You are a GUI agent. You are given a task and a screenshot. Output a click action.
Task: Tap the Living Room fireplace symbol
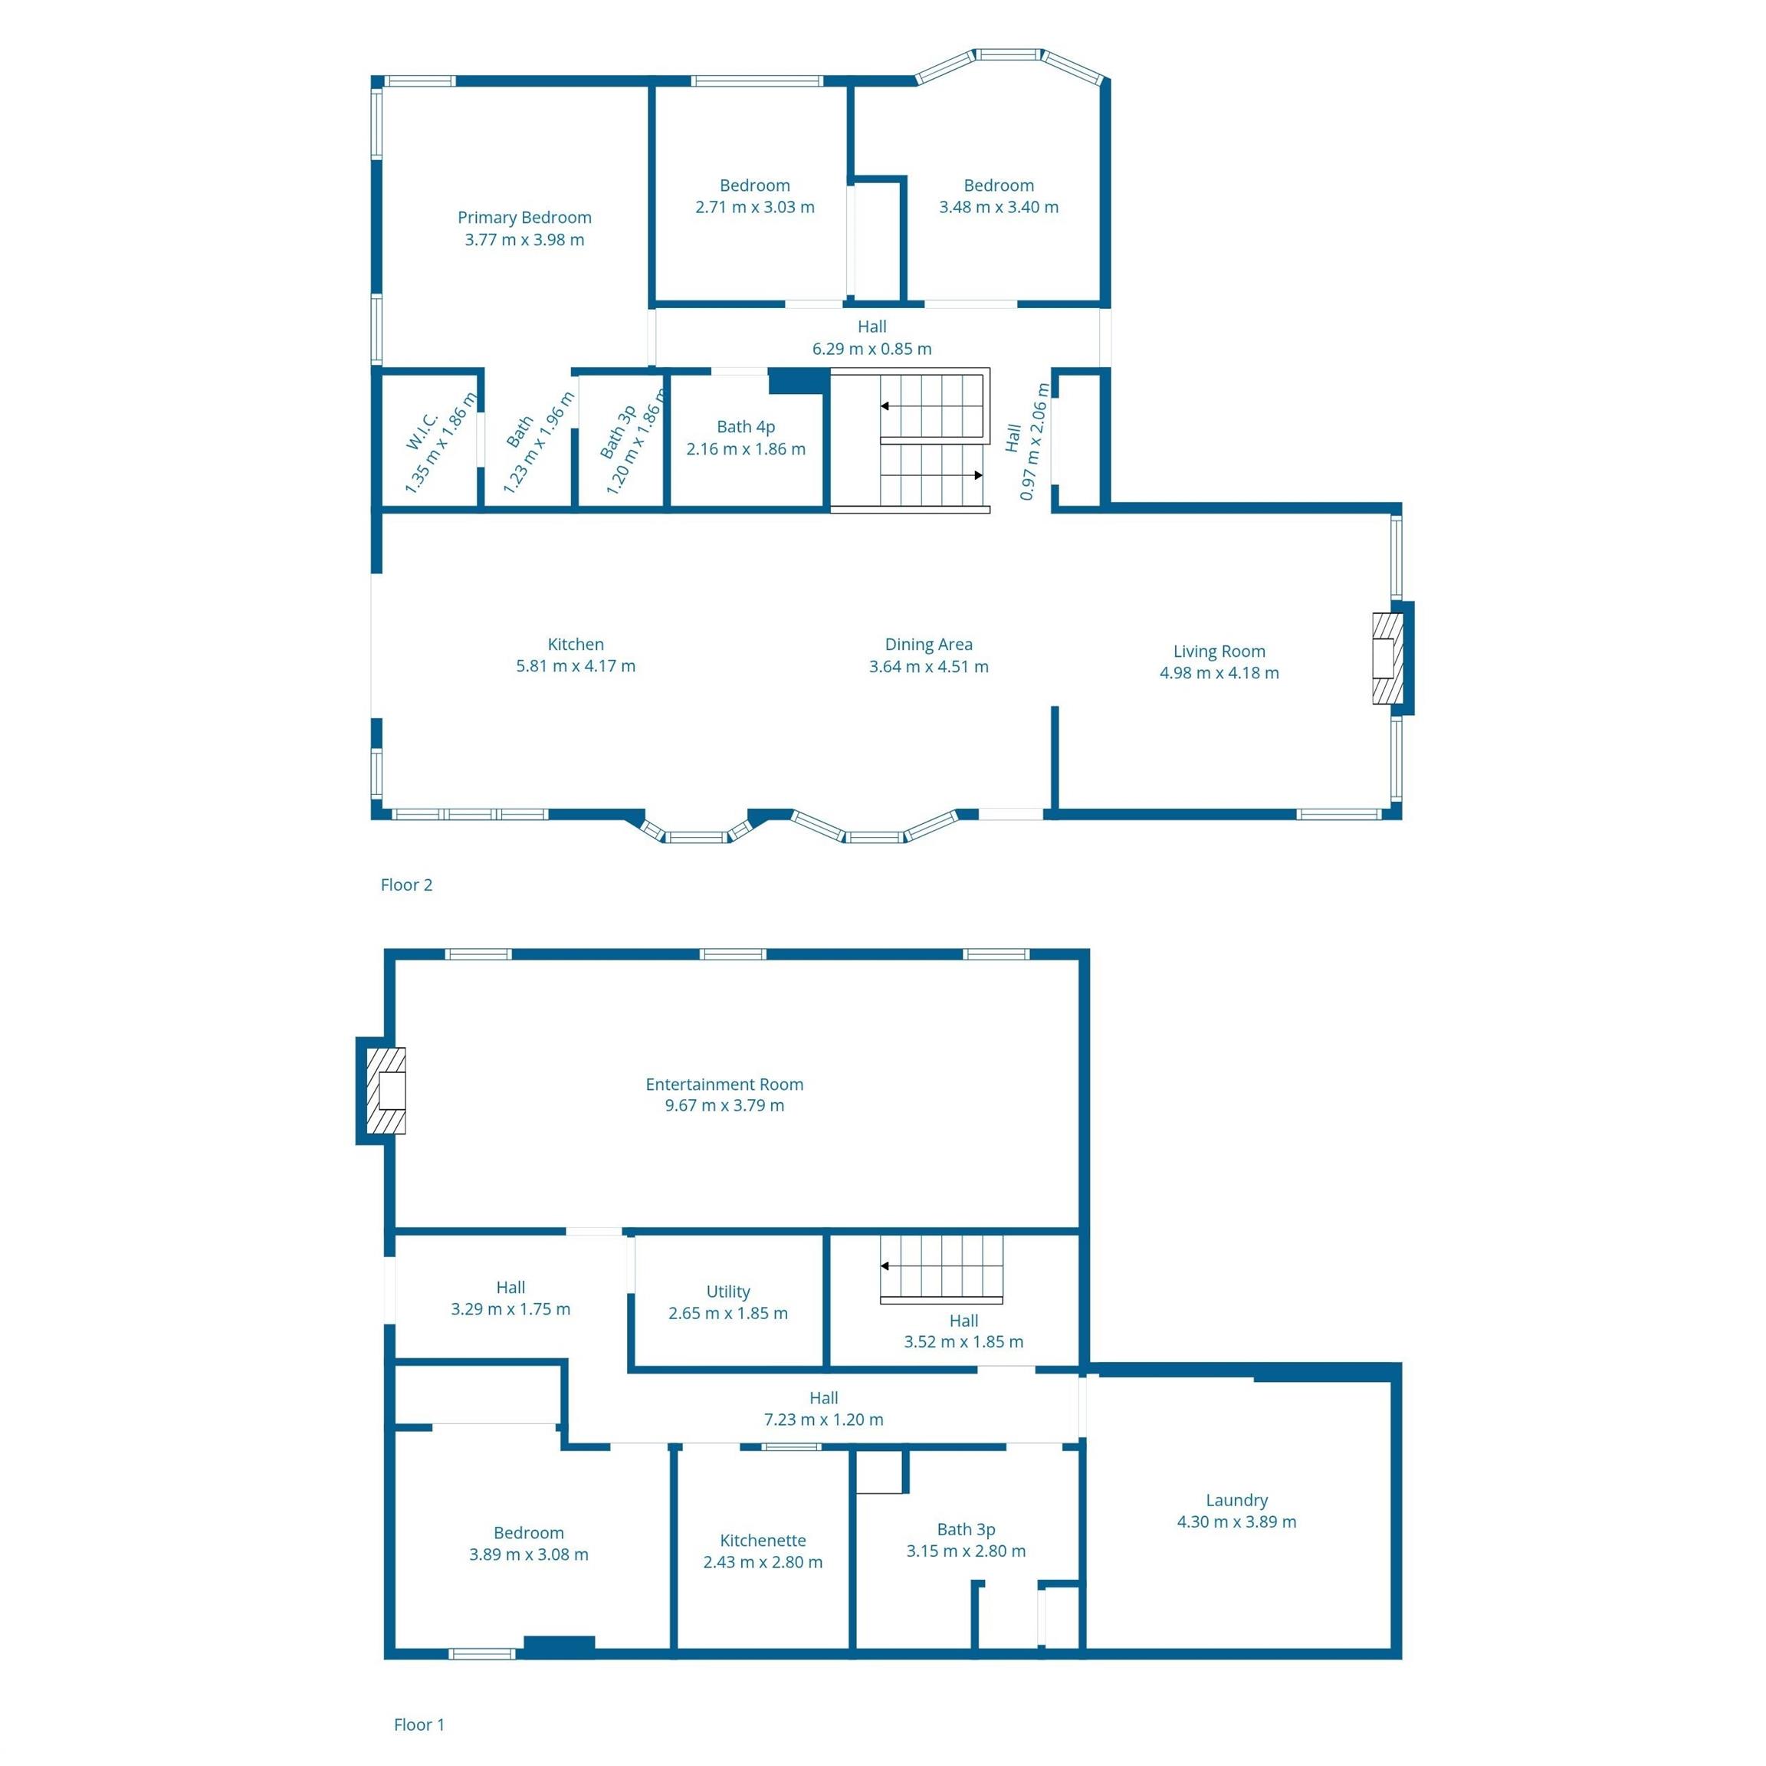(1387, 658)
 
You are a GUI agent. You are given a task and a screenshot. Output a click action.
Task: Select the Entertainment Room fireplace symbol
(386, 1091)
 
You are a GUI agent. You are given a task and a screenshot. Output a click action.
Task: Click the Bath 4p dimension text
(746, 449)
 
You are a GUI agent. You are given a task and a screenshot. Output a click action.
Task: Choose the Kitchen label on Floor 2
(575, 645)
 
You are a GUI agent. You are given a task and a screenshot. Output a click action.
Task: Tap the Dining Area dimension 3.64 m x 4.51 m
(929, 666)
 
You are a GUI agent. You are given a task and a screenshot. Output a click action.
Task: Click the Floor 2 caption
(405, 884)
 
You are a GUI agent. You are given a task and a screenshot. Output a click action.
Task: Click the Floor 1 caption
(419, 1724)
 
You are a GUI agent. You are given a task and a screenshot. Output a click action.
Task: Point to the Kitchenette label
(763, 1540)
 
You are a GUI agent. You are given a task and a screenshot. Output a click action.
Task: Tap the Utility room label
(727, 1292)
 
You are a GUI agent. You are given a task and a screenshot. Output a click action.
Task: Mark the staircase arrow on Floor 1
(941, 1266)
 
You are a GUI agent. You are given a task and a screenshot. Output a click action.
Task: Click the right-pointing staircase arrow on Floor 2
(932, 475)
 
